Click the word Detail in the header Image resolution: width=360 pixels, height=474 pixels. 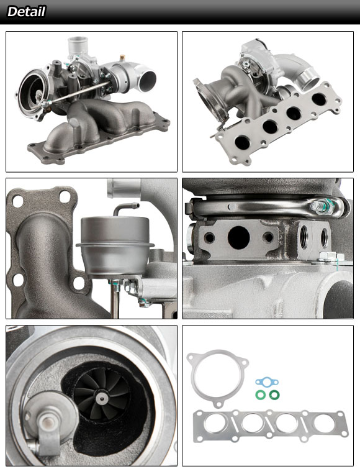26,12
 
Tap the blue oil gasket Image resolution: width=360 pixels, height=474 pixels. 267,382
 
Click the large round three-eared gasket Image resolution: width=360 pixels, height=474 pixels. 217,377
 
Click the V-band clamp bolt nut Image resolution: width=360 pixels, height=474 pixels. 320,207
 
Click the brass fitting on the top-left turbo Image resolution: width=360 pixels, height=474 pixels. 122,58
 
